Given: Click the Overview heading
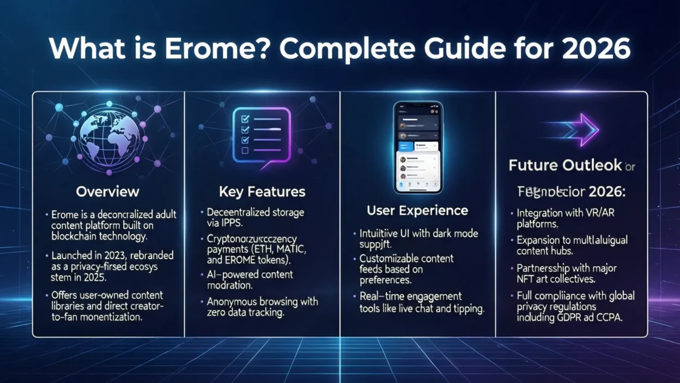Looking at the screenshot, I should (x=107, y=191).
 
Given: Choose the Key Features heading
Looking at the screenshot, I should (x=262, y=191).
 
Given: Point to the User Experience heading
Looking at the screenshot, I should (x=417, y=210).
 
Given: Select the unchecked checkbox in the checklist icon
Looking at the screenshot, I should (x=245, y=150).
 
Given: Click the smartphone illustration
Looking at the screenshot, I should (x=418, y=148).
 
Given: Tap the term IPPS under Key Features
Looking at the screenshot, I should (x=233, y=223).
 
